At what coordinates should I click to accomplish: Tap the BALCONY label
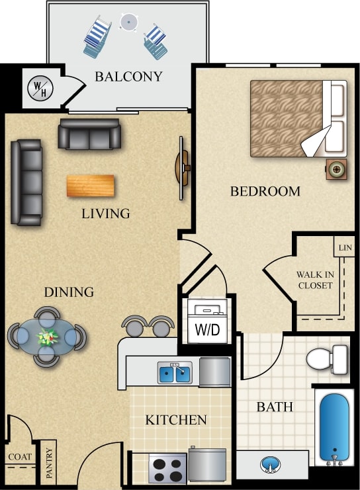pos(128,76)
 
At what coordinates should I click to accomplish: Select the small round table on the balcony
pos(128,22)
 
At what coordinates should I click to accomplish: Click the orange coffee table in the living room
pos(89,185)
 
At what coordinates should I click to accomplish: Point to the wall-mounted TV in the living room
pos(182,167)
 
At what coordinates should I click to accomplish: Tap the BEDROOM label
pos(265,192)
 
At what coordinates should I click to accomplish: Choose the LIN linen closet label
pos(344,248)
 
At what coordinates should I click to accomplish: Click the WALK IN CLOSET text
pos(314,280)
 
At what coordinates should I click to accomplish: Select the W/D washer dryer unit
pos(207,322)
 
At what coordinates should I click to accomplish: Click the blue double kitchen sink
pos(175,373)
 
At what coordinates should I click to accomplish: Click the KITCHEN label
pos(176,420)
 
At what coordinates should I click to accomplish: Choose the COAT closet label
pos(19,456)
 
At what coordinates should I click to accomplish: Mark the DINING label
pos(69,292)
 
